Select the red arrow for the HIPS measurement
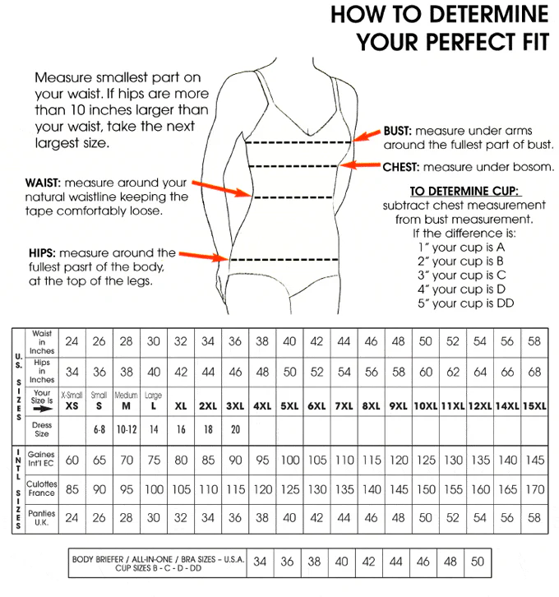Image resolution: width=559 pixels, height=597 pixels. (203, 257)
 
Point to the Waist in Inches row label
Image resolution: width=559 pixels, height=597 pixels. (42, 341)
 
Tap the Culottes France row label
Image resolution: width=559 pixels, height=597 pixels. (42, 488)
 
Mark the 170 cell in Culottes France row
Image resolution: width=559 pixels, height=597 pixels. (534, 488)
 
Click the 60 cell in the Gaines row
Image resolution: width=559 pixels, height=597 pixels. (72, 460)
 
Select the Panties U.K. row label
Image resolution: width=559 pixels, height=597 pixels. (42, 517)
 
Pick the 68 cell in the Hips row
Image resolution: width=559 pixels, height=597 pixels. (534, 372)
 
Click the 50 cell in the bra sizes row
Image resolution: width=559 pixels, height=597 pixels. (478, 562)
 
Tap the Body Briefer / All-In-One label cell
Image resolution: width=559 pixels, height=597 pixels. (157, 563)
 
